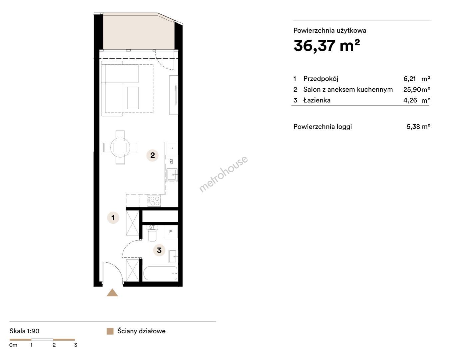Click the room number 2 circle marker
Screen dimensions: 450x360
[153, 155]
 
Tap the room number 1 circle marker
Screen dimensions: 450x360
[113, 218]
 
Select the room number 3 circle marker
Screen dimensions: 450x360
[159, 250]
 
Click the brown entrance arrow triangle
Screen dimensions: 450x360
[112, 292]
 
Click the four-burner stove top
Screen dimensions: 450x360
[154, 201]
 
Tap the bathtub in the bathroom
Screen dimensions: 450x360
[160, 273]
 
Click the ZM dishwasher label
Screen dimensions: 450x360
[172, 161]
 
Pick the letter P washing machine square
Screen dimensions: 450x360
[171, 232]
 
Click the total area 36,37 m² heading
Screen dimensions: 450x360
[327, 46]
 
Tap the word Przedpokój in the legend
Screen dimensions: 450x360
[321, 79]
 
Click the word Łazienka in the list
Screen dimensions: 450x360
[317, 100]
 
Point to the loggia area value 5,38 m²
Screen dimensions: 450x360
[418, 127]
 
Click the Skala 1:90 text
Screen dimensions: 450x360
[24, 331]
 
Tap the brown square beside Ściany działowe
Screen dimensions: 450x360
[110, 331]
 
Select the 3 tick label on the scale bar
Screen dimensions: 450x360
[76, 345]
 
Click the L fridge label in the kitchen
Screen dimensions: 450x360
[172, 148]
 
